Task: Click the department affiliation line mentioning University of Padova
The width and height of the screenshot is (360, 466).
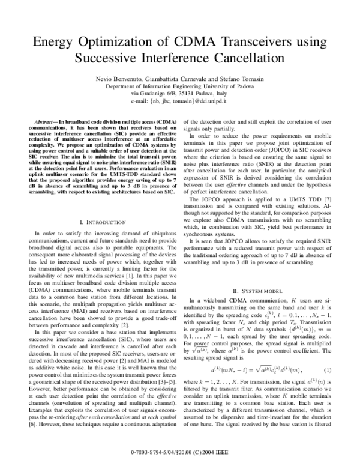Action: [x=179, y=87]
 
